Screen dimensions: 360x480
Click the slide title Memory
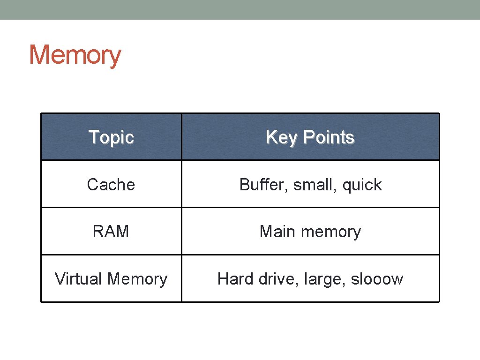pos(75,55)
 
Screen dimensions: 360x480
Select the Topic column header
pos(111,137)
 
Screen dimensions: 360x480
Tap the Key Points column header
pos(310,137)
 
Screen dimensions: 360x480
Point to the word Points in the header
pos(329,137)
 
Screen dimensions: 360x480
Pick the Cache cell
pos(111,185)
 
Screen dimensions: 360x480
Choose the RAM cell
pos(111,232)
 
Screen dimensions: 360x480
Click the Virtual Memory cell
pos(111,279)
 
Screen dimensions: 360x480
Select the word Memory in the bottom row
pos(137,279)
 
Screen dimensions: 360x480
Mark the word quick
pos(362,185)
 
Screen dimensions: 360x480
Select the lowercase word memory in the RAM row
pos(331,232)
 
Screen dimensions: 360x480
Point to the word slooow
pos(377,279)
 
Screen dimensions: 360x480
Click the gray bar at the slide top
pos(240,9)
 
